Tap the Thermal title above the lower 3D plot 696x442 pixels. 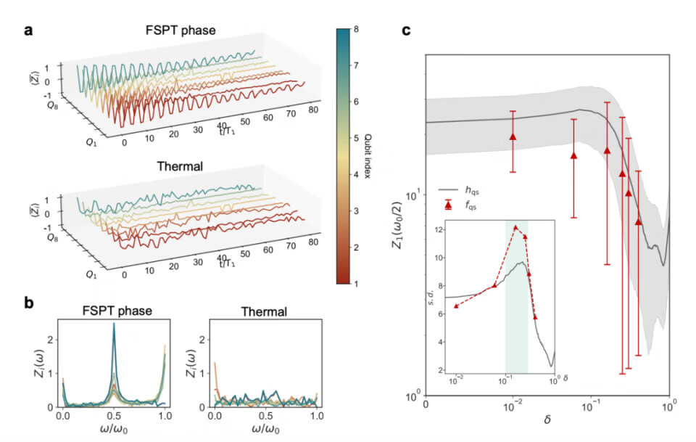[x=180, y=165]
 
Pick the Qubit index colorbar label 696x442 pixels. [x=370, y=157]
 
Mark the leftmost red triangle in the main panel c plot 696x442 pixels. [x=513, y=136]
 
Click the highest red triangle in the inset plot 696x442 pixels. [x=516, y=228]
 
